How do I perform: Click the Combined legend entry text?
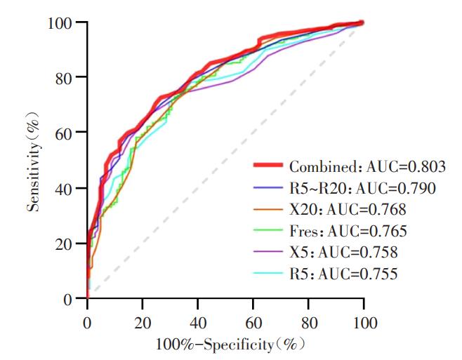(367, 167)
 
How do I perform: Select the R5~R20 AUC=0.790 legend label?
(362, 188)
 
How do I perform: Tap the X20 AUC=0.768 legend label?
(348, 209)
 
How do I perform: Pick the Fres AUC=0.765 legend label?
(348, 231)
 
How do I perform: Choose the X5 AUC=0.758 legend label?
(343, 252)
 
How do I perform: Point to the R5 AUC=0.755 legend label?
(343, 274)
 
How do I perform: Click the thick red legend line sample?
(268, 165)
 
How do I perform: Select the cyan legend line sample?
(268, 273)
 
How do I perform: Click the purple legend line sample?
(268, 251)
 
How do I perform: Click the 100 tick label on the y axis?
(60, 23)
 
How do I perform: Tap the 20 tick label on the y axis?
(63, 244)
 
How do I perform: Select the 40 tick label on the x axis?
(198, 323)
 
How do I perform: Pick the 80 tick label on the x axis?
(308, 323)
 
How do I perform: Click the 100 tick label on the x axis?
(364, 323)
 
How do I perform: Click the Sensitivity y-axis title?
(33, 161)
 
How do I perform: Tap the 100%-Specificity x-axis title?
(230, 345)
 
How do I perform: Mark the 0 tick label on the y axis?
(68, 300)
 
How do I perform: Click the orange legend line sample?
(268, 209)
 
